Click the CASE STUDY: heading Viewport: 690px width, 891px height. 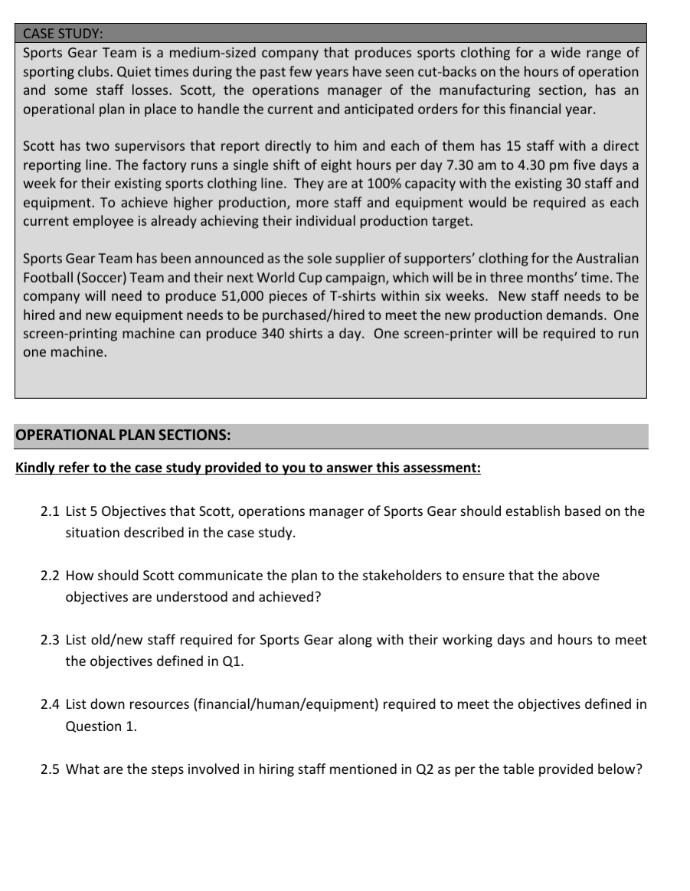coord(64,34)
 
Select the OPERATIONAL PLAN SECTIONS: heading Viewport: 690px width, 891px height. coord(123,436)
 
